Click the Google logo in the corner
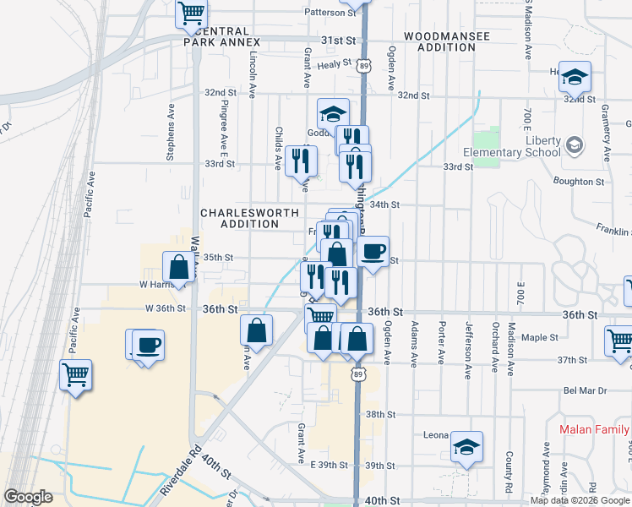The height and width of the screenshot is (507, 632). coord(28,497)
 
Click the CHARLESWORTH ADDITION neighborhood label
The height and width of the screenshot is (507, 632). coord(240,218)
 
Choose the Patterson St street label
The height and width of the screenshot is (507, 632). coord(330,13)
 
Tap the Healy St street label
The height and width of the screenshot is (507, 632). coord(335,63)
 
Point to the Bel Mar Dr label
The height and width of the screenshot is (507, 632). coord(585,391)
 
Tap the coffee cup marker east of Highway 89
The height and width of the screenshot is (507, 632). coord(373,251)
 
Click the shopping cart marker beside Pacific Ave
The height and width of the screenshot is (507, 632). coord(76,373)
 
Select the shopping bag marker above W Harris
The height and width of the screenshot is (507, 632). coord(179,267)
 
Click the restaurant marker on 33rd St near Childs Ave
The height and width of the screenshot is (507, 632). coord(302,160)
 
